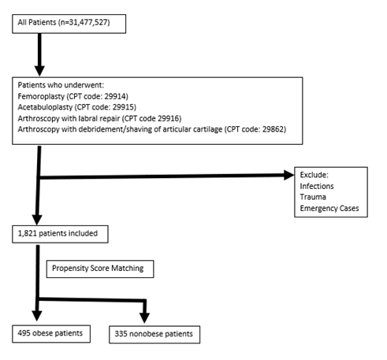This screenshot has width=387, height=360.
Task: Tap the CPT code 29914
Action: (115, 96)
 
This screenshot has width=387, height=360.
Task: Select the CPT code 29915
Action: (123, 107)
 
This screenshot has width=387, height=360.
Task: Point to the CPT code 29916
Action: (168, 118)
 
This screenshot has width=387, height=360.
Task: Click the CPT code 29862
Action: (273, 129)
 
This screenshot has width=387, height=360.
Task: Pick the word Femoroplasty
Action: (41, 96)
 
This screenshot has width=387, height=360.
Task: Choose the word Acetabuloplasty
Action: (45, 107)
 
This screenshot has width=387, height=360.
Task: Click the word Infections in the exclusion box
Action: (317, 186)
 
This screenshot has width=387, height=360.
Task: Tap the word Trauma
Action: (313, 197)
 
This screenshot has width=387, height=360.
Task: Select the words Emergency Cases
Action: (329, 208)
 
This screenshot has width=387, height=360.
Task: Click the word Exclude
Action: (314, 175)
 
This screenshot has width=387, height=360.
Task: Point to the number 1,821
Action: (27, 233)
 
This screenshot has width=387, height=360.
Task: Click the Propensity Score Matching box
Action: (100, 269)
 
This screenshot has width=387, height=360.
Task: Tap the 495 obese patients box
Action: (51, 334)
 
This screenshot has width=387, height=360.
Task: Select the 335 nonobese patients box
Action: (154, 335)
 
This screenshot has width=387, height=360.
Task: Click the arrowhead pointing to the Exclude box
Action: (289, 175)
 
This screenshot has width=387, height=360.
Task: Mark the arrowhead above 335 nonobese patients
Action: (144, 317)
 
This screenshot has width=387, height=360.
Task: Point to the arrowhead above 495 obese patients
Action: (37, 316)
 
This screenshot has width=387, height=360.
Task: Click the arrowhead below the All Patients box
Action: (39, 71)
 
